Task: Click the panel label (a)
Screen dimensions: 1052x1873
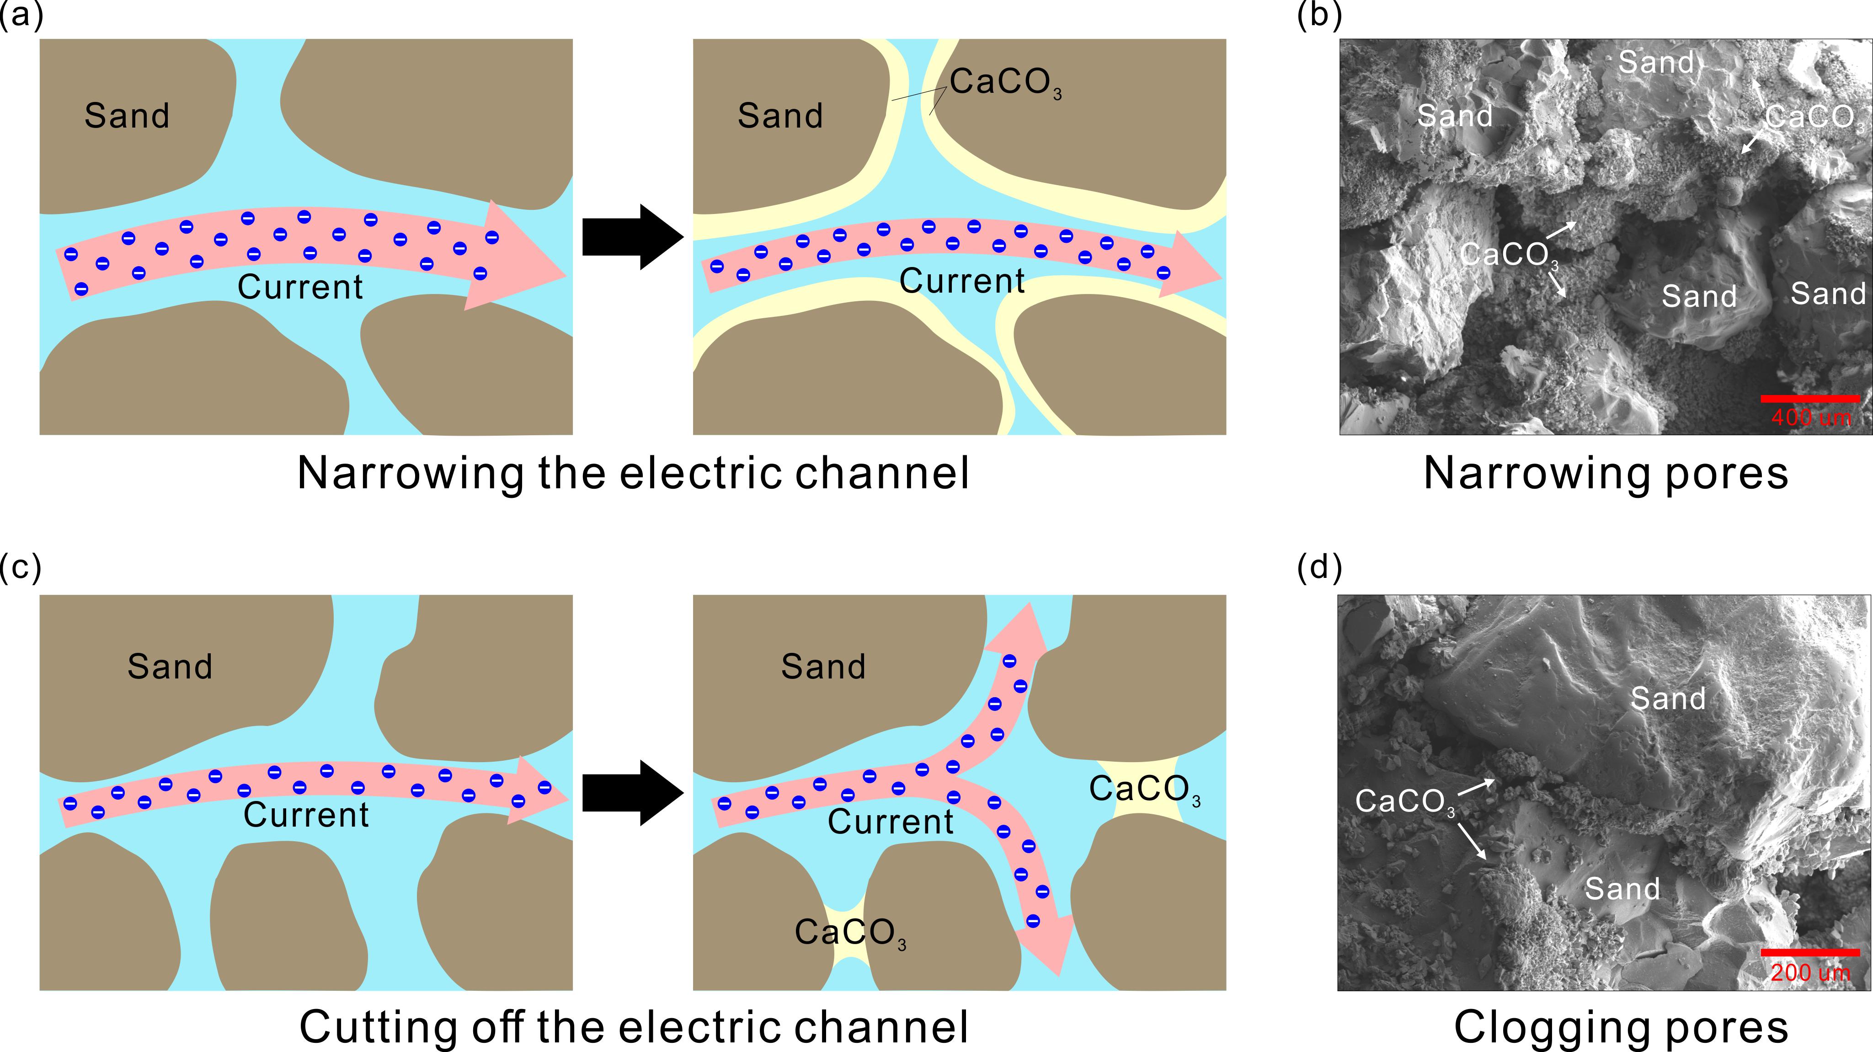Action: point(21,15)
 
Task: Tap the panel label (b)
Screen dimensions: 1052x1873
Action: point(1319,15)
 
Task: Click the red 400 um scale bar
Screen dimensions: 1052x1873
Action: point(1810,398)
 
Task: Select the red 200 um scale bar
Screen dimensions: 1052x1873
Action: point(1810,952)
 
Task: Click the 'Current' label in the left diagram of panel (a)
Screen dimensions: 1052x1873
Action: point(299,287)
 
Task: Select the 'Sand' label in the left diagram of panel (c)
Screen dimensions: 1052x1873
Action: point(170,667)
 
